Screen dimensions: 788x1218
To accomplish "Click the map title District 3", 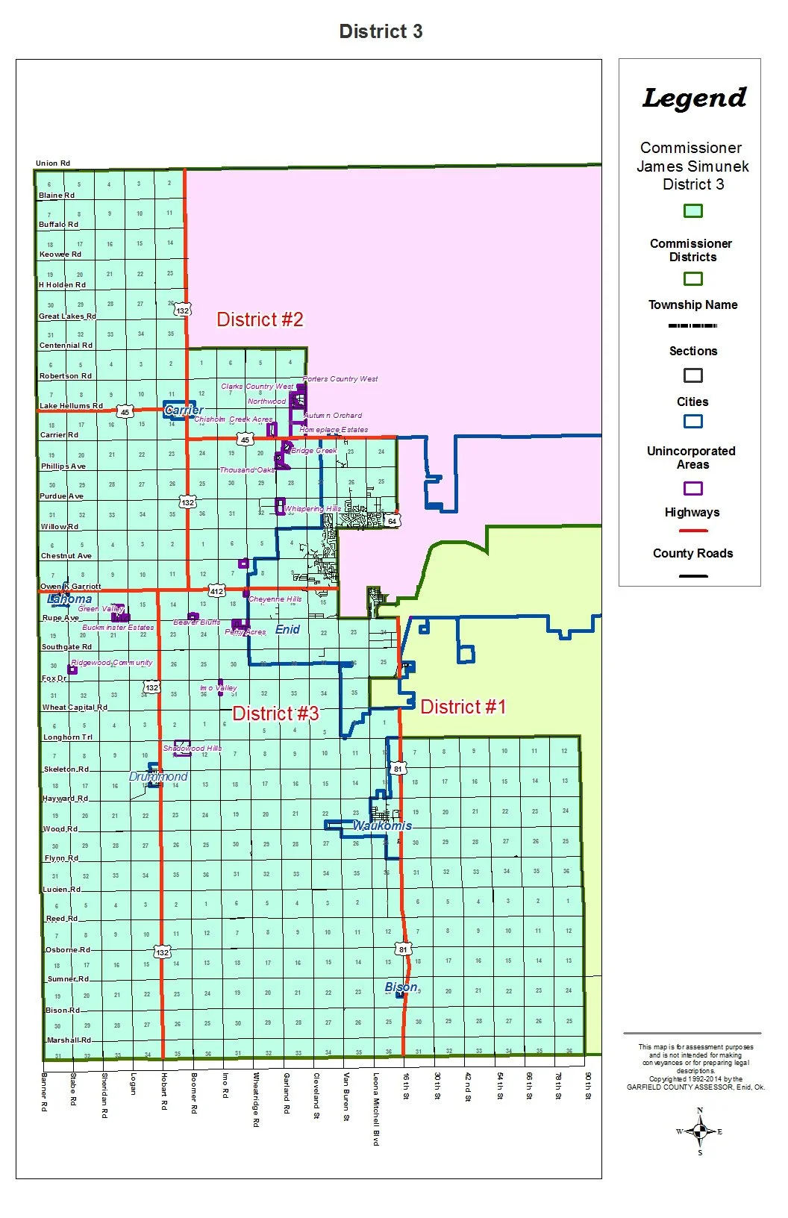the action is (x=381, y=31).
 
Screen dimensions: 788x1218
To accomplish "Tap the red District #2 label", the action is (x=260, y=319).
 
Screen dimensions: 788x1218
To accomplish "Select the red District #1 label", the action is (x=463, y=707).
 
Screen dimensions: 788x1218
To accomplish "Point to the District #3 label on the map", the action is (x=275, y=713).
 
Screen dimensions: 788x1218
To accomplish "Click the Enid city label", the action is (x=287, y=629).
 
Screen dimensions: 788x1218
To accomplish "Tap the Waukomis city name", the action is (x=382, y=825).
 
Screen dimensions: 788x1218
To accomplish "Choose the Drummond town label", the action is (x=158, y=776).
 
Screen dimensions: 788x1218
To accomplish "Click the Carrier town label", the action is (x=184, y=410).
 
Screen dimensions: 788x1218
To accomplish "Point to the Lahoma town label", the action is (x=69, y=599).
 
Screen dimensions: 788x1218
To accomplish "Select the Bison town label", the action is (x=401, y=987).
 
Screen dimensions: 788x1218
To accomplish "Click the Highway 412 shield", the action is (x=216, y=591).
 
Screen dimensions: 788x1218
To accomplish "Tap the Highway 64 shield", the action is (x=392, y=521).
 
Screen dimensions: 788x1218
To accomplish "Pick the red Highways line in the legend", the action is (x=692, y=531).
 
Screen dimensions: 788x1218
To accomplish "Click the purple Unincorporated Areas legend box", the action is (x=692, y=489).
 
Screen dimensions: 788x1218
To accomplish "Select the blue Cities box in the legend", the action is (x=692, y=421).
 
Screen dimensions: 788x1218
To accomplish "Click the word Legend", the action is (x=694, y=99).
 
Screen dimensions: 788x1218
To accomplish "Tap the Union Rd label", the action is (x=53, y=163).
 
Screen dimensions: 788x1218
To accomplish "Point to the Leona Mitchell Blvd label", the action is (x=376, y=1109).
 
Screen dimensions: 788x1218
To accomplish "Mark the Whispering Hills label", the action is (x=312, y=509).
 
